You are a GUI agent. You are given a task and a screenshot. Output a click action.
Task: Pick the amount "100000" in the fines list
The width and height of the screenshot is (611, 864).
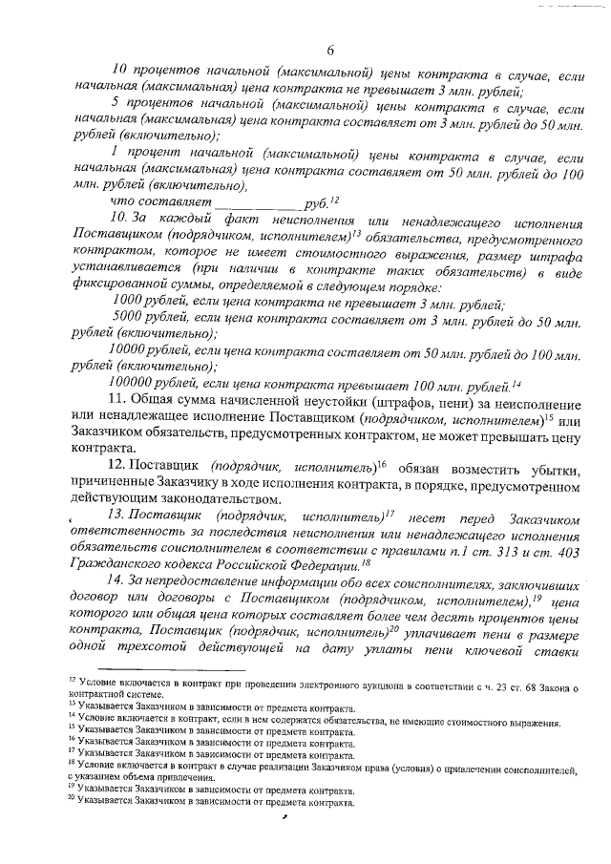pos(135,385)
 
